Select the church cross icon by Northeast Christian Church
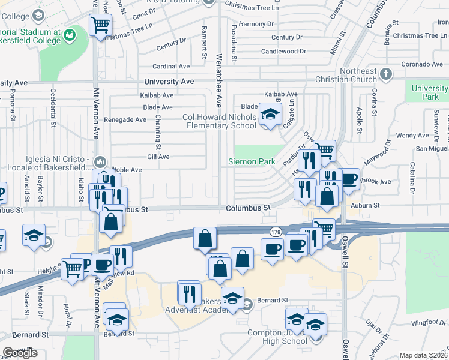coord(386,75)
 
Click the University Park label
coord(430,92)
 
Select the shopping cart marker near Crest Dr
coord(100,25)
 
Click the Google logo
coord(20,352)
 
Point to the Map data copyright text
coord(424,355)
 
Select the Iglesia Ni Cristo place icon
coord(100,162)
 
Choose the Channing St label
coord(158,132)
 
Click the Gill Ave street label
coord(158,157)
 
